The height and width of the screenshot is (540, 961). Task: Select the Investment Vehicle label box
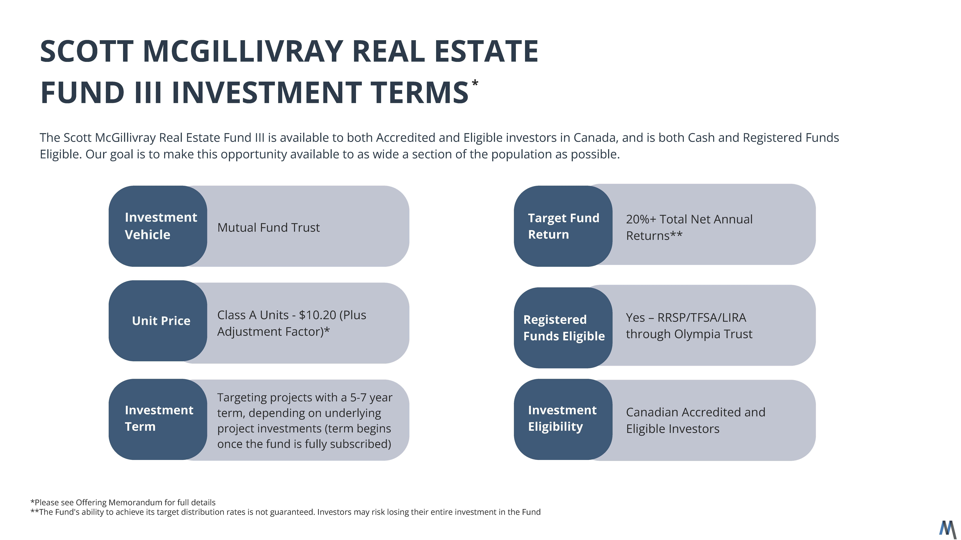point(158,226)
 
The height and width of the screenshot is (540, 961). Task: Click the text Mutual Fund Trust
point(268,227)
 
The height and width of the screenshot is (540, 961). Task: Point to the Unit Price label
point(161,321)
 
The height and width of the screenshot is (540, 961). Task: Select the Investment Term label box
point(158,419)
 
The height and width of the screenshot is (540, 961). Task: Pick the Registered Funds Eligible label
point(564,328)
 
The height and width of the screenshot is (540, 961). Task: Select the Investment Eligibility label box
point(563,419)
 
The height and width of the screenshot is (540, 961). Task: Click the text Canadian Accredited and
point(695,412)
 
